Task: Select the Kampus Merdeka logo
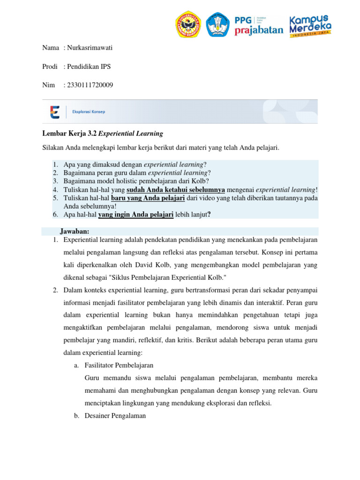point(310,25)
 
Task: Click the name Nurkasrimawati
point(90,48)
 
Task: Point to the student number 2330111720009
point(90,85)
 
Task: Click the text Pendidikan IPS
point(89,67)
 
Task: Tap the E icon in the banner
point(54,112)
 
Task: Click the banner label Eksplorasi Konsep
point(89,112)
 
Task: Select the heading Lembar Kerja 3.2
point(69,134)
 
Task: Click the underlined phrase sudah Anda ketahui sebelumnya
point(176,189)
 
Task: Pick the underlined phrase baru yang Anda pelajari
point(147,198)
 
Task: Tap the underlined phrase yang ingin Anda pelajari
point(136,214)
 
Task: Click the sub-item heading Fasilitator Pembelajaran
point(119,365)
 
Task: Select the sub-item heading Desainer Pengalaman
point(115,415)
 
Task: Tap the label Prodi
point(50,67)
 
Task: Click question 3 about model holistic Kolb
point(136,181)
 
